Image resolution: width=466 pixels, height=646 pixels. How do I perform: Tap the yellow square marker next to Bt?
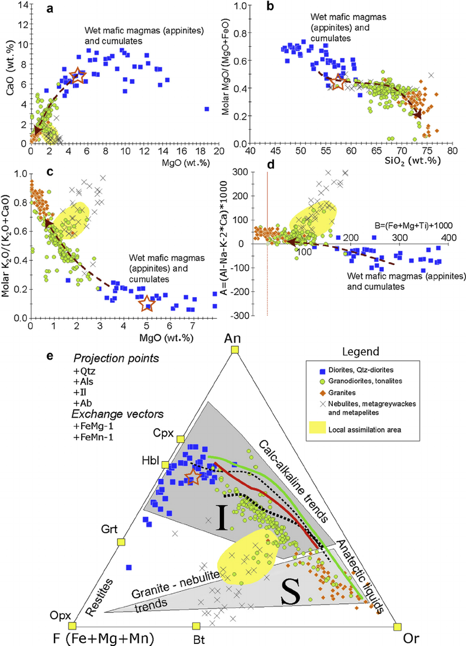tap(196, 626)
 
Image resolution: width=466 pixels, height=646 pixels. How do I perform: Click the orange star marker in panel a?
tap(78, 76)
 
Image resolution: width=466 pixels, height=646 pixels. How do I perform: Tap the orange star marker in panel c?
tap(145, 303)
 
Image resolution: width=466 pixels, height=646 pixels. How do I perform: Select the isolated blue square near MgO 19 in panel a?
tap(207, 109)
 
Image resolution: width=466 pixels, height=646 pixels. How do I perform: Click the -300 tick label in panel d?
tap(241, 316)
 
